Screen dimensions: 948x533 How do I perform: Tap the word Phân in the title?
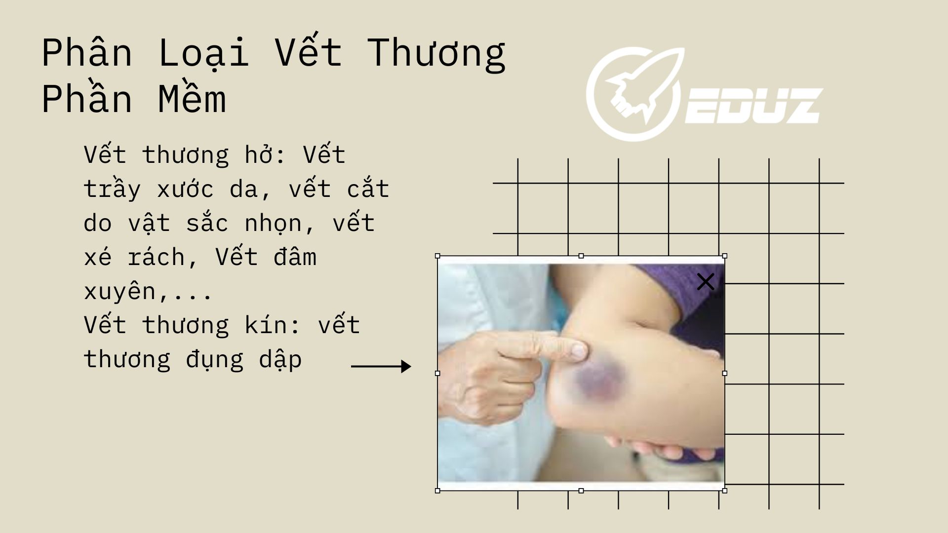click(87, 52)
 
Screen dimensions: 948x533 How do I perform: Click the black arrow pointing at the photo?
click(381, 366)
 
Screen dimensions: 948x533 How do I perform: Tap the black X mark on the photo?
click(706, 282)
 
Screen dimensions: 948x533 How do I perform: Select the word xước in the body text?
click(185, 188)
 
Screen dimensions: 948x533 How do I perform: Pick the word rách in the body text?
click(156, 257)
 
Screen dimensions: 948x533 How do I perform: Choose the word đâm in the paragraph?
click(295, 257)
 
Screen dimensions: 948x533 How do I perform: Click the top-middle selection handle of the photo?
click(581, 256)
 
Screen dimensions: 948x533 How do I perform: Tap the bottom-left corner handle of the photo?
click(437, 491)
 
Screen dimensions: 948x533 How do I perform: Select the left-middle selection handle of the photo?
click(437, 374)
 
